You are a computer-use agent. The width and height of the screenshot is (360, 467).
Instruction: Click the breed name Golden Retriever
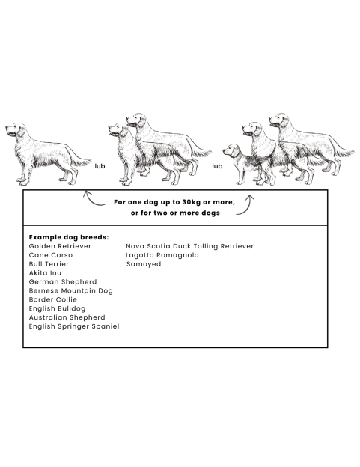tap(60, 246)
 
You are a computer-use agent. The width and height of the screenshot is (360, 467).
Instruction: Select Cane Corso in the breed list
tap(51, 255)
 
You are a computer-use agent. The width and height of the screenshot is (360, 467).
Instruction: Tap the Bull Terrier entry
tap(49, 264)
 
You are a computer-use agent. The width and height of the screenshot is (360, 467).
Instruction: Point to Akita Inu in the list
tap(45, 273)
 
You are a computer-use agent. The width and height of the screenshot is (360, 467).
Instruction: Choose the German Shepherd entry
tap(63, 282)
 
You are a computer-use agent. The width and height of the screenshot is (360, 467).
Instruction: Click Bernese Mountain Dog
tap(71, 291)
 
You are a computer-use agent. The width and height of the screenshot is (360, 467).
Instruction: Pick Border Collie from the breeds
tap(52, 299)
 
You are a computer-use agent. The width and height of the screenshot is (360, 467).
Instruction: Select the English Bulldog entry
tap(57, 309)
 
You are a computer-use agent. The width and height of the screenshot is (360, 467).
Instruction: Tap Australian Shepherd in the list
tap(67, 317)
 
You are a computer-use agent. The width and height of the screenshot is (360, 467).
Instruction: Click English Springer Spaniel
tap(74, 326)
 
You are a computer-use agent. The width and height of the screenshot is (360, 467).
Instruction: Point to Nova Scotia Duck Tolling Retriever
tap(189, 246)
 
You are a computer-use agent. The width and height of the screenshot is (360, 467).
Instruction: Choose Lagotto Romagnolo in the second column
tap(162, 255)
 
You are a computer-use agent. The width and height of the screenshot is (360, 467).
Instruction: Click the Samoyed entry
tap(144, 264)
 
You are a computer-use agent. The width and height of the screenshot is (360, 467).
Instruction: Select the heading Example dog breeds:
tap(69, 237)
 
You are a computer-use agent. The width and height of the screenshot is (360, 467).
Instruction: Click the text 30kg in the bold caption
tap(191, 202)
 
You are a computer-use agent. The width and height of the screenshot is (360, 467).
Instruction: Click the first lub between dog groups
tap(100, 166)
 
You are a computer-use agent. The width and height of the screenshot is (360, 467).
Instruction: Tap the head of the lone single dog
tap(16, 130)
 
